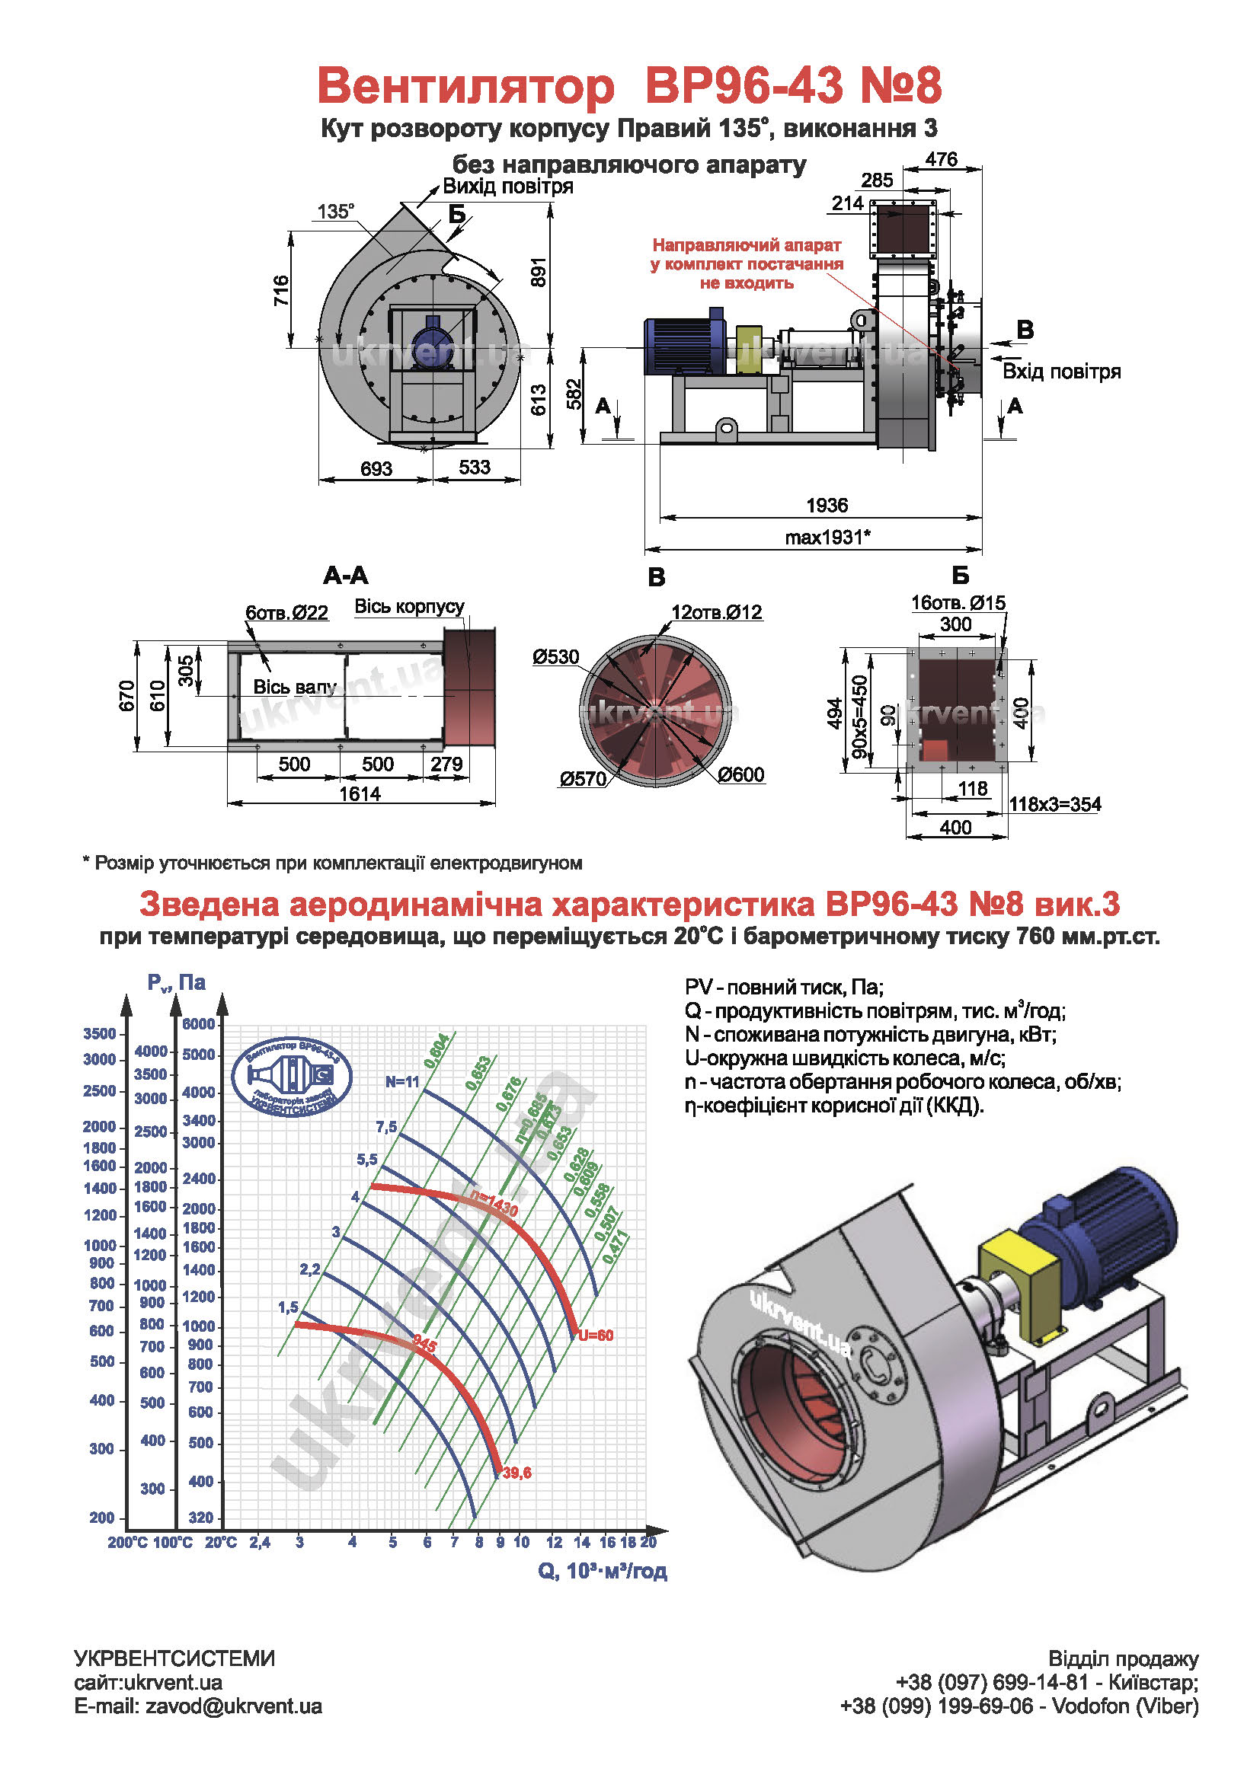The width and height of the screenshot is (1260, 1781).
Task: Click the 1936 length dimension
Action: tap(827, 505)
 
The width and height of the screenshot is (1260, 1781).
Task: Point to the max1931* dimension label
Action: tap(827, 537)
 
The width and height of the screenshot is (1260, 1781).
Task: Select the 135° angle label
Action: tap(335, 211)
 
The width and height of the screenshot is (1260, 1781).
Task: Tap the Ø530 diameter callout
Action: tap(555, 657)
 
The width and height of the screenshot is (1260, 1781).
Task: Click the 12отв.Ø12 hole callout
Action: tap(716, 612)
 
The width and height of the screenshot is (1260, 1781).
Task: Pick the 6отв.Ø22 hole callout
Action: tap(286, 613)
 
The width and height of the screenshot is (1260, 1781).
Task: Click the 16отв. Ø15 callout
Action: tap(958, 603)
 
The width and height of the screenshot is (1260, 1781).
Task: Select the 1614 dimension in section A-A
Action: tap(360, 793)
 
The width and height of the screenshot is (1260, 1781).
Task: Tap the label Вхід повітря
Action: tap(1060, 372)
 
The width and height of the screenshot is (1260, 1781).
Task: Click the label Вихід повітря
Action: tap(507, 186)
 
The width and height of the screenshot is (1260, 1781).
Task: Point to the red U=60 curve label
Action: tap(595, 1336)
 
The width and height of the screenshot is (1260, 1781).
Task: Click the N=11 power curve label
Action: tap(402, 1082)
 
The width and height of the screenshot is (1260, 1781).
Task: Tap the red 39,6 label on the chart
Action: tap(516, 1473)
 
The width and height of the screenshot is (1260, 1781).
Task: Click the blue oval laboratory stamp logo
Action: tap(292, 1078)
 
